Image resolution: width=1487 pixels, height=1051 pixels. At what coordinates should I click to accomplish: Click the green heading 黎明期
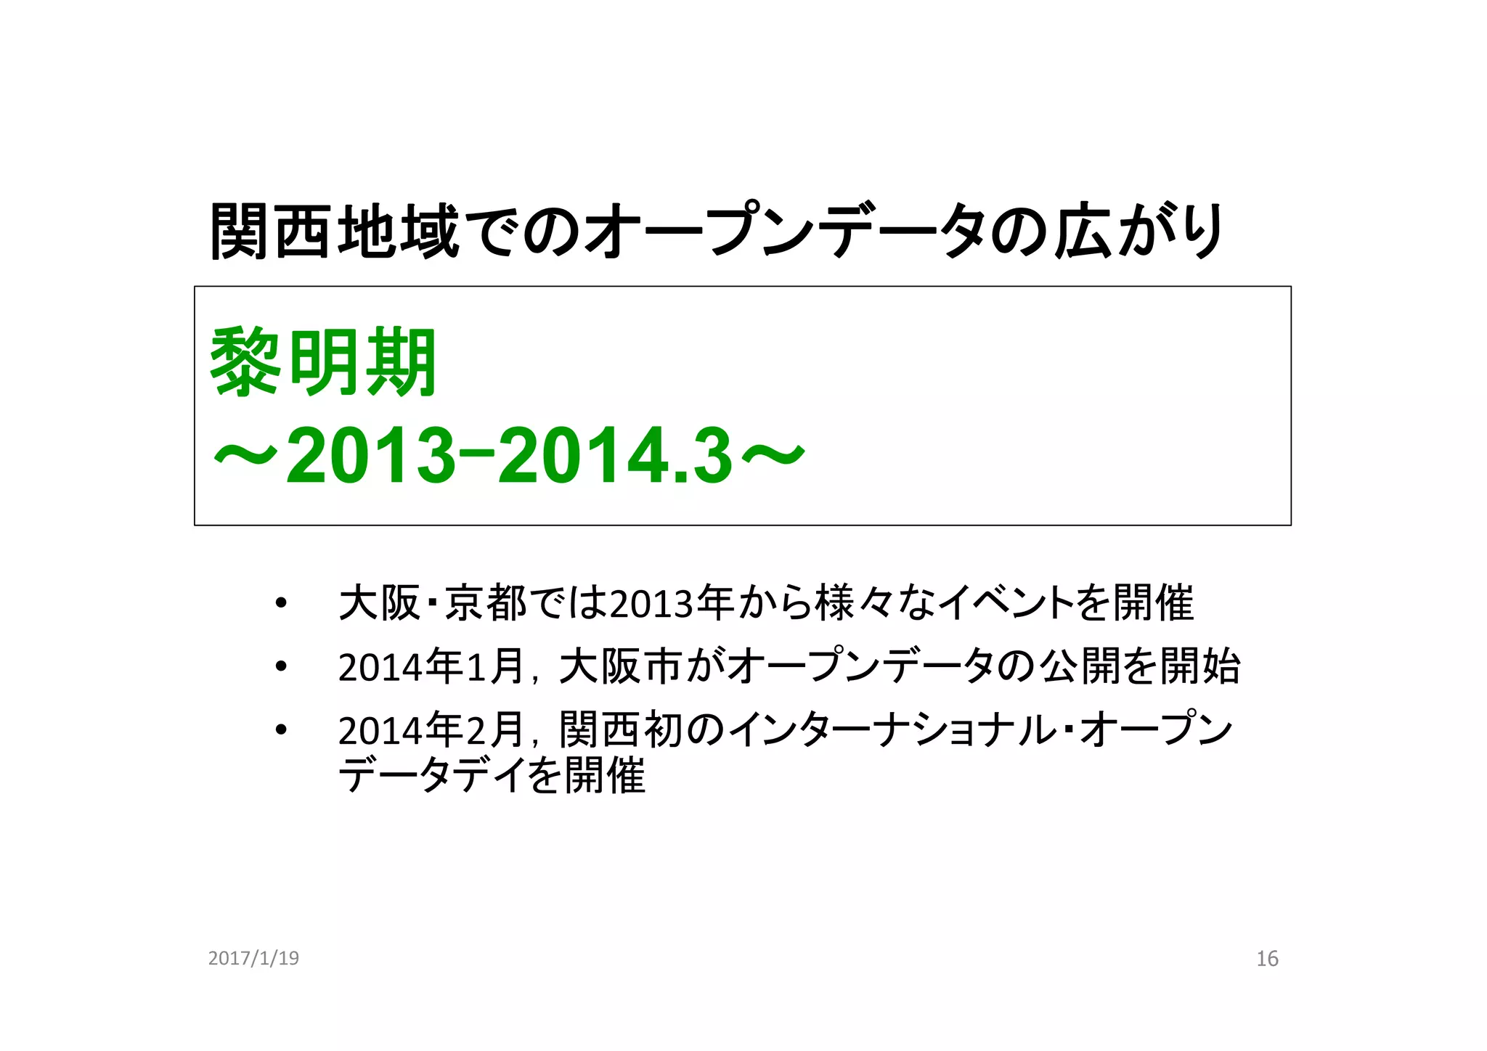323,362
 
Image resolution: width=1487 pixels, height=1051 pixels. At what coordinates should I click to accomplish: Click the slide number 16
1267,959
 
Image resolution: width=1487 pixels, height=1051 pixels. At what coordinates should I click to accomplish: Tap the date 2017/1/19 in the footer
253,958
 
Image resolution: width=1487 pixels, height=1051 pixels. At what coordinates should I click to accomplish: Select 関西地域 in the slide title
334,232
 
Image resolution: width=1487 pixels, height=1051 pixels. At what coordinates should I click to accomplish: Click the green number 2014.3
614,456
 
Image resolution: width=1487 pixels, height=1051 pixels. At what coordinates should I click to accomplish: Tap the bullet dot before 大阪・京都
281,603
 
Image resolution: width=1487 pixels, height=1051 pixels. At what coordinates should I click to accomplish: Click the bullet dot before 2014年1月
281,666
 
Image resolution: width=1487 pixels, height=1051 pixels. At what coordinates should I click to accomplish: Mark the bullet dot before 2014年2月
281,729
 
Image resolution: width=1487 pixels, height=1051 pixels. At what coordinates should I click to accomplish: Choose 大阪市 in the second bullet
621,666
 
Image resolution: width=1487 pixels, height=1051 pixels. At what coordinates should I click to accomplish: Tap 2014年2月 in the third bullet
431,730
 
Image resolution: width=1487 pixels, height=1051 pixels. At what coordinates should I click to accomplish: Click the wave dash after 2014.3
774,456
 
